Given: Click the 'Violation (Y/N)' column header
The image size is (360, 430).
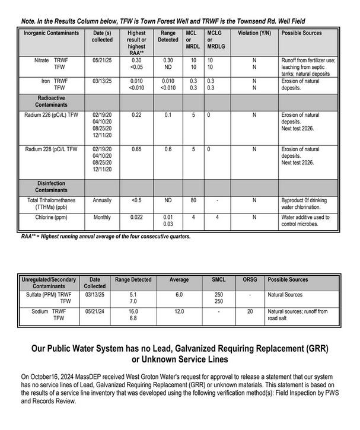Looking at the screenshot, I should pos(254,33).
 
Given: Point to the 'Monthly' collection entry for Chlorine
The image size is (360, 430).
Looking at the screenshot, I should pos(102,217).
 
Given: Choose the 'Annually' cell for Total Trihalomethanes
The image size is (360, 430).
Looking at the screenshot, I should pos(102,200).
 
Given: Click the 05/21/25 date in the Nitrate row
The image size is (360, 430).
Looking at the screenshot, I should pos(102,60).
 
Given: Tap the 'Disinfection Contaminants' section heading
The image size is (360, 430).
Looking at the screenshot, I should pos(50,187).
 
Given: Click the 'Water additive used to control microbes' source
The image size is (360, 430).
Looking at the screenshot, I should pos(304,221).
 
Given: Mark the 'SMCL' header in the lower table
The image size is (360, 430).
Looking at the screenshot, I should pos(219,279).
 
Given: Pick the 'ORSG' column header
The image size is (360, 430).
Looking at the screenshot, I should pos(250,279).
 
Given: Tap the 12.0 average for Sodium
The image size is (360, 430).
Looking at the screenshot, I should pos(179,311).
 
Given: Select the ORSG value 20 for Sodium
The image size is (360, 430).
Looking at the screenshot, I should pos(250,311).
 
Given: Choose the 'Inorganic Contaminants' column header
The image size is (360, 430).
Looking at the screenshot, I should pos(51,33).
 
